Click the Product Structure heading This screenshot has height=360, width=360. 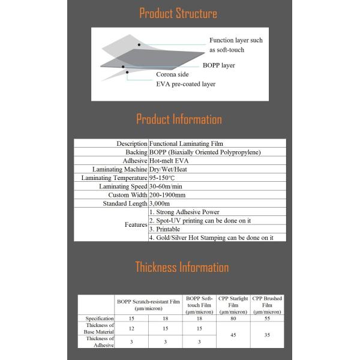click(x=178, y=13)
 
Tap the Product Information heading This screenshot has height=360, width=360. click(x=179, y=119)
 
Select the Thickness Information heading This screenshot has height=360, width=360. click(x=181, y=267)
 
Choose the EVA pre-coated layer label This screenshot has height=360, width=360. click(x=185, y=84)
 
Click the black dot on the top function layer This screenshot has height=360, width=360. click(x=139, y=44)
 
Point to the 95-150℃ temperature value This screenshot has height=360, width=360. click(x=161, y=178)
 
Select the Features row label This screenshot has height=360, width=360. click(x=136, y=224)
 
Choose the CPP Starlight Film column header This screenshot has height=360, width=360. click(x=233, y=305)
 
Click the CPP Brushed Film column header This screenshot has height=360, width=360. click(x=267, y=305)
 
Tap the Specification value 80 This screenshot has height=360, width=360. click(x=233, y=318)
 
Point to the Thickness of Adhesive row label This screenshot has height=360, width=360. click(x=100, y=341)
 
